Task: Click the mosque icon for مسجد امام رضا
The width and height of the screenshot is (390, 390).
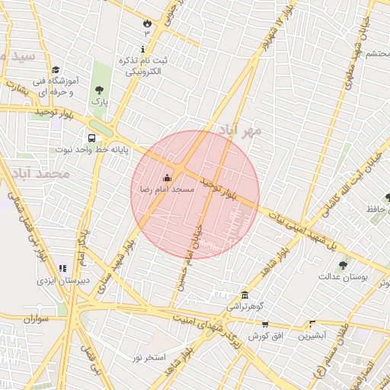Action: tap(168, 177)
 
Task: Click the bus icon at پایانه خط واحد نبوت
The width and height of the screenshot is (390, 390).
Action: tap(91, 139)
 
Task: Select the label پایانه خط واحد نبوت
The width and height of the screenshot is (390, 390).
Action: tap(85, 150)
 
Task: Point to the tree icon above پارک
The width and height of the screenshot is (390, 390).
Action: tap(98, 90)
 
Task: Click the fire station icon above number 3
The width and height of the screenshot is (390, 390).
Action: tap(146, 23)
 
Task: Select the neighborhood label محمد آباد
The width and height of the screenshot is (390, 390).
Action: tap(46, 174)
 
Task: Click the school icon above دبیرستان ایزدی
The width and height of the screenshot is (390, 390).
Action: tap(62, 268)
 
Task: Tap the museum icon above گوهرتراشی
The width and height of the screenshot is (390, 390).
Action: tap(244, 295)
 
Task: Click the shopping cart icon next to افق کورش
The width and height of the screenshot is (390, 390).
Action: tap(264, 324)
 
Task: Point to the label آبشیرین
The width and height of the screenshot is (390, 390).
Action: tap(312, 335)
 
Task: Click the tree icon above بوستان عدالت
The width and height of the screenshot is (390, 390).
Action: tap(343, 266)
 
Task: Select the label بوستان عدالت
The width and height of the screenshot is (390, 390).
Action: tap(343, 277)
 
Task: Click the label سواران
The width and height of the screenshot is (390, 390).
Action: tap(36, 318)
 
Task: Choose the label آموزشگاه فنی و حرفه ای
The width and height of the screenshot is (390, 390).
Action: tap(52, 85)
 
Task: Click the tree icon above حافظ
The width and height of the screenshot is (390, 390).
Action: tap(388, 197)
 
